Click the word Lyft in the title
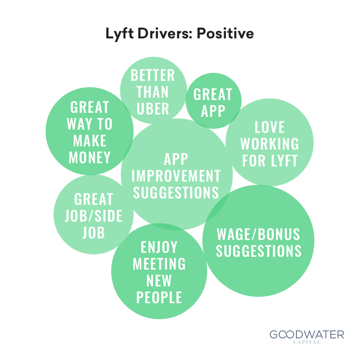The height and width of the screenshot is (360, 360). click(119, 34)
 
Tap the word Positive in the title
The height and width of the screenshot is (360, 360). click(225, 33)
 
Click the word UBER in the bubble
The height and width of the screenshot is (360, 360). click(153, 108)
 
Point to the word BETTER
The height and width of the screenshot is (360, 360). click(153, 75)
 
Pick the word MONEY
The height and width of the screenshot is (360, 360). click(90, 157)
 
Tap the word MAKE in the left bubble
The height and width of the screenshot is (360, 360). click(90, 140)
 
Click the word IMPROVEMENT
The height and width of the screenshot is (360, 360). click(176, 176)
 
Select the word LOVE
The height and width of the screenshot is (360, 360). click(270, 127)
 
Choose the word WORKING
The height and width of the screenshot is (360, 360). click(270, 144)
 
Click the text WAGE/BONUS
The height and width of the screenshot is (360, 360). click(258, 234)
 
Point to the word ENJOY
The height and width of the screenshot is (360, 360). click(159, 247)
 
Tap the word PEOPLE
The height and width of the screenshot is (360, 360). click(159, 297)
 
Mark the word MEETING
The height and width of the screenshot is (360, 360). click(159, 264)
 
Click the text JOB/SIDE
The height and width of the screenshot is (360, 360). click(94, 216)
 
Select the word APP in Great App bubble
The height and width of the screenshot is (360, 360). click(213, 111)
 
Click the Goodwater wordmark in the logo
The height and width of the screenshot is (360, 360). click(307, 334)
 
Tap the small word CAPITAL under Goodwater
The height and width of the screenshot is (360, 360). click(307, 342)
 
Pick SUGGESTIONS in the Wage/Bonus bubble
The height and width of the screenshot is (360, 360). click(258, 251)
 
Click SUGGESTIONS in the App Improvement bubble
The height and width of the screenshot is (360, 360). click(176, 192)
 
